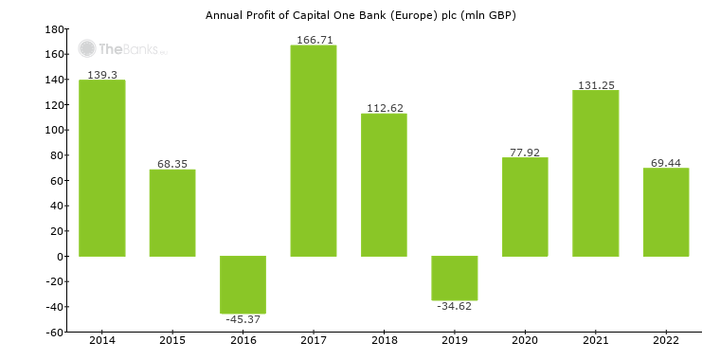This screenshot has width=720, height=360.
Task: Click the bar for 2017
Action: (x=313, y=151)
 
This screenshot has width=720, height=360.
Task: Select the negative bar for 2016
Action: (x=243, y=284)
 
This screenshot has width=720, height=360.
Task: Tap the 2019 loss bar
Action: (x=455, y=278)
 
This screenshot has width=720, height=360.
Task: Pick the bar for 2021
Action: (x=596, y=173)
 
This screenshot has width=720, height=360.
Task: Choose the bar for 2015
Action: (x=172, y=213)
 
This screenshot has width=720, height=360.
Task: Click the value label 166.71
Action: (x=313, y=38)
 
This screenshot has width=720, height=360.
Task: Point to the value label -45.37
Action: (x=243, y=319)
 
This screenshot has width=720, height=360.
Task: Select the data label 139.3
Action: (x=101, y=74)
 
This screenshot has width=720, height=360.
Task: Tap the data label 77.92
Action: (x=525, y=151)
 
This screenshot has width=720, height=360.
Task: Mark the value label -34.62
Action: (x=455, y=306)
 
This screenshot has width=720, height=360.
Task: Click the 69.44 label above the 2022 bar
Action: (x=666, y=161)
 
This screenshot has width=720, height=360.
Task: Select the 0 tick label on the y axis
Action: (x=60, y=257)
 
